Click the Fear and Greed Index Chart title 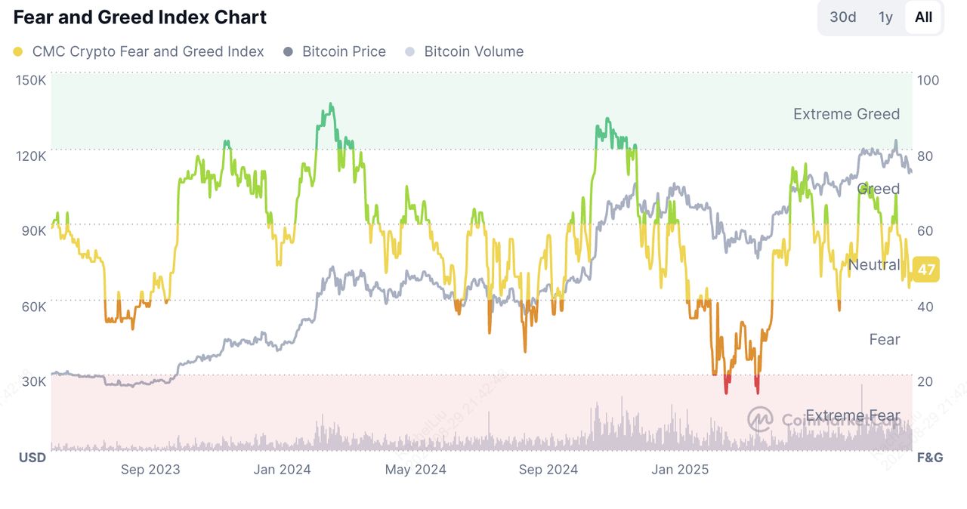pos(140,17)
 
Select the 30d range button pos(842,17)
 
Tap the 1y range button pos(885,17)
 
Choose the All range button pos(923,17)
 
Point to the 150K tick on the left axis pos(31,80)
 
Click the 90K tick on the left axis pos(32,230)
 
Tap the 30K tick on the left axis pos(33,381)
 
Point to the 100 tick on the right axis pos(928,80)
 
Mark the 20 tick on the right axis pos(925,381)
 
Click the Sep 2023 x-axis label pos(150,469)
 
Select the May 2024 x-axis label pos(416,469)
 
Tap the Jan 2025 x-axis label pos(680,469)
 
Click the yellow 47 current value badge pos(926,270)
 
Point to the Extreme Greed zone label pos(846,114)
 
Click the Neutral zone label pos(874,264)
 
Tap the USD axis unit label pos(32,458)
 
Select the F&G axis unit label pos(929,458)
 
